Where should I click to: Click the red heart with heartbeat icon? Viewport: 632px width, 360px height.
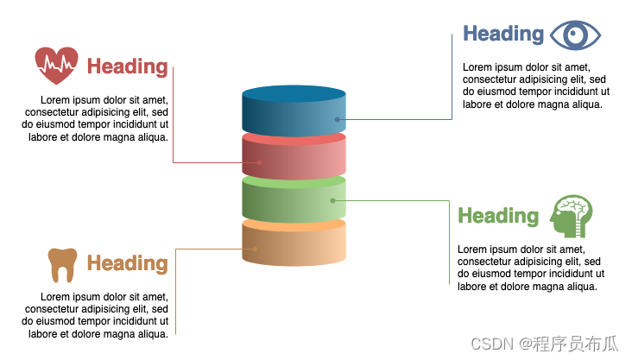[x=56, y=65]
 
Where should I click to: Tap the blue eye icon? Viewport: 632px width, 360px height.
[x=575, y=35]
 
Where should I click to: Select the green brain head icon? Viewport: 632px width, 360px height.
[x=572, y=216]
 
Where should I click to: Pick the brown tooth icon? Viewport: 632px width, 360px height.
[x=62, y=264]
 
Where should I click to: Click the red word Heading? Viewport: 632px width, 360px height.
[x=127, y=66]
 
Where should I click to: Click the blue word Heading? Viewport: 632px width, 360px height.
[x=503, y=34]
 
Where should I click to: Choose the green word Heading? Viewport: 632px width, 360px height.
[x=498, y=216]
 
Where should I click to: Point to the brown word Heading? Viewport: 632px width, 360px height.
[x=127, y=263]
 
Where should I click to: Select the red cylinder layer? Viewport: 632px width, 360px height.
[x=294, y=155]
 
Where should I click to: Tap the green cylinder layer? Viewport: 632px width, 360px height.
[x=294, y=200]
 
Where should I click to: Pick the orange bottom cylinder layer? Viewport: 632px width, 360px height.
[x=294, y=243]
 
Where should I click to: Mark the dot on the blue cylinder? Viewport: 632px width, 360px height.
[x=337, y=119]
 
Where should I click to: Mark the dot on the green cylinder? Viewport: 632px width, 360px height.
[x=332, y=200]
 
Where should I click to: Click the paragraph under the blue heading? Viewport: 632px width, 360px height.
[x=535, y=85]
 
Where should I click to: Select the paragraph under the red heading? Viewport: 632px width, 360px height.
[x=97, y=118]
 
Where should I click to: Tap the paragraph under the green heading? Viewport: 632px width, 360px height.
[x=528, y=268]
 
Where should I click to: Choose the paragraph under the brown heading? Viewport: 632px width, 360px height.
[x=97, y=315]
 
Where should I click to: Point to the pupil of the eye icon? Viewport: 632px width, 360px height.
[x=575, y=35]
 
